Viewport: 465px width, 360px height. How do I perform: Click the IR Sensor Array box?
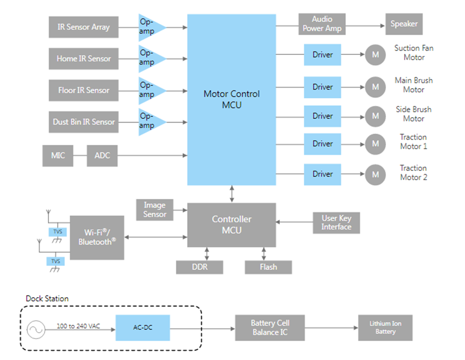click(x=83, y=27)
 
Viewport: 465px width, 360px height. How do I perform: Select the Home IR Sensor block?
click(x=83, y=59)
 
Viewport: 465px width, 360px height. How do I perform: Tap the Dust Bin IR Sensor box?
click(x=83, y=122)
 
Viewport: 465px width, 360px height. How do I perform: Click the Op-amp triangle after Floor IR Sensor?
click(x=150, y=90)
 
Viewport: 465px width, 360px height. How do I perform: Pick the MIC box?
click(x=58, y=156)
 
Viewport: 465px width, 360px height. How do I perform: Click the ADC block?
click(x=102, y=156)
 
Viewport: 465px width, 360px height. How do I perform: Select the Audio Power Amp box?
click(x=322, y=24)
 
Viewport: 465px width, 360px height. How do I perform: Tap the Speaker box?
click(x=404, y=24)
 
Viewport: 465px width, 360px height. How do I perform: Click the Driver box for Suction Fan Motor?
click(x=323, y=55)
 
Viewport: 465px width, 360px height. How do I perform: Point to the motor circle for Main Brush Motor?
click(x=375, y=87)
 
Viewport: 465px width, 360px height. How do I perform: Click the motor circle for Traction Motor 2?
click(x=375, y=174)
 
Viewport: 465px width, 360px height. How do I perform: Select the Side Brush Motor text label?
click(x=413, y=114)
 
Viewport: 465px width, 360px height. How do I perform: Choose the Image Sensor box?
click(x=155, y=210)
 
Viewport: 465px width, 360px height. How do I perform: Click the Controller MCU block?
click(x=231, y=225)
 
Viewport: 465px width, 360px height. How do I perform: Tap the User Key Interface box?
click(x=337, y=222)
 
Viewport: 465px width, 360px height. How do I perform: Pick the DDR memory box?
click(x=199, y=267)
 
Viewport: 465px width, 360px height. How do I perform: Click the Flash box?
click(x=268, y=267)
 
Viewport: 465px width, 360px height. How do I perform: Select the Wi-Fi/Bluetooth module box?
click(x=97, y=237)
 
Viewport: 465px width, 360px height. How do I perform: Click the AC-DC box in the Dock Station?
click(x=142, y=328)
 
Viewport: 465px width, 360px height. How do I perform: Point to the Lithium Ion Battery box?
click(x=385, y=328)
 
